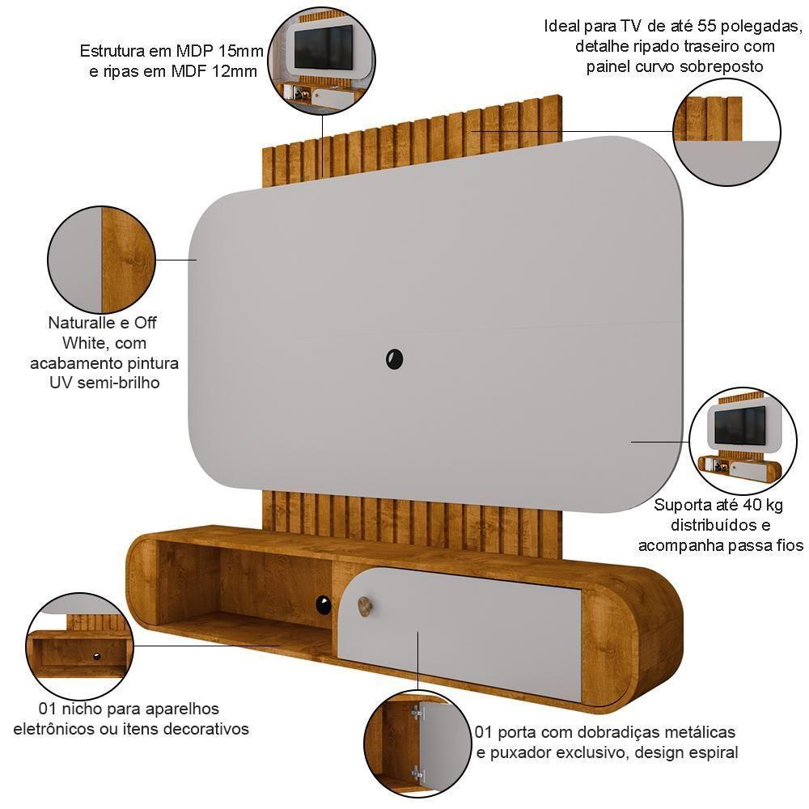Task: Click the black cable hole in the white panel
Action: (395, 358)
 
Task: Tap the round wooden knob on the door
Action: (364, 604)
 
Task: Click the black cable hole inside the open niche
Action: (324, 604)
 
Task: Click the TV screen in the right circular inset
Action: (739, 426)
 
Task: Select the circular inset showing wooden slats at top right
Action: (726, 132)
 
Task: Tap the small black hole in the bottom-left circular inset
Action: (96, 655)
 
